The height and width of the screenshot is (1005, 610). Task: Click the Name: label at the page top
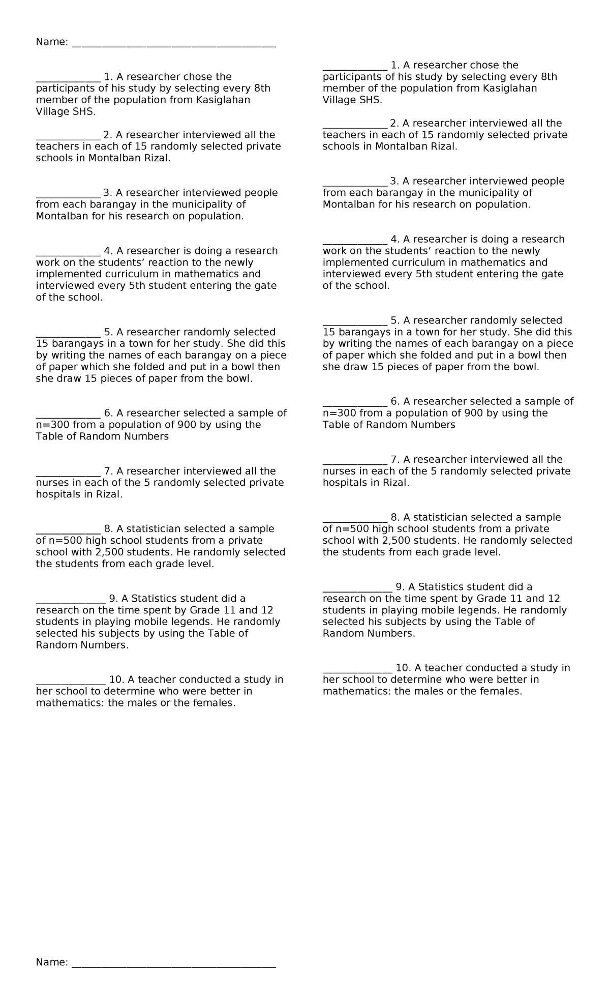(51, 42)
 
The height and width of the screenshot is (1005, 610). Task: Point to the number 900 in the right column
(474, 413)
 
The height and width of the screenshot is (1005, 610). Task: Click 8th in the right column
(549, 77)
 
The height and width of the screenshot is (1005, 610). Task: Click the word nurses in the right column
(339, 471)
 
